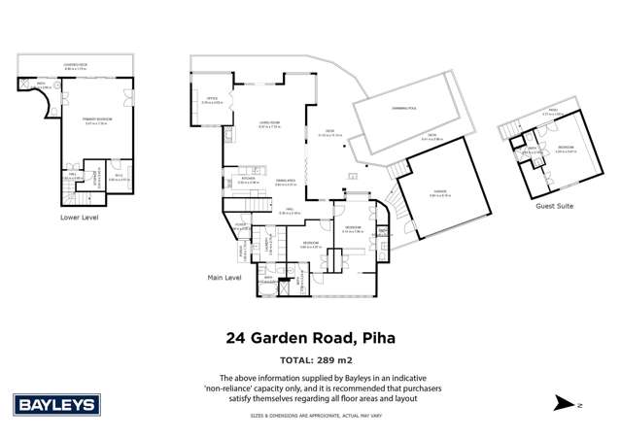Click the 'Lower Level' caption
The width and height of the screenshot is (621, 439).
80,218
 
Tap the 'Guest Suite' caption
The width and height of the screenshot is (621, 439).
553,206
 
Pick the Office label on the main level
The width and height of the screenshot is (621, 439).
211,98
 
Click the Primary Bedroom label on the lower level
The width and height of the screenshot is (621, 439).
96,119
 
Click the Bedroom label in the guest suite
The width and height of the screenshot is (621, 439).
564,149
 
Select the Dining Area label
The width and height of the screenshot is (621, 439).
285,181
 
